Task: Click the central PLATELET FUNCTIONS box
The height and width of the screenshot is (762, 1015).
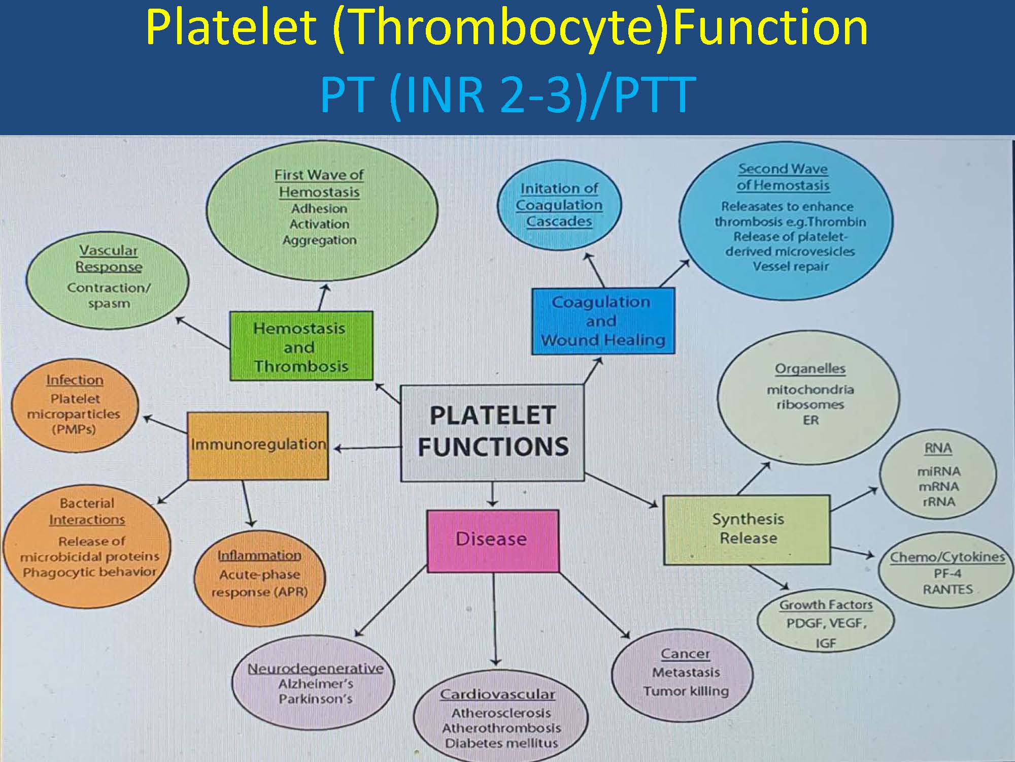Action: click(492, 433)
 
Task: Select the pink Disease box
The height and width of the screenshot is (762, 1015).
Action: click(493, 541)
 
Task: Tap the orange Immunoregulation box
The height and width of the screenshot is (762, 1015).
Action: click(258, 446)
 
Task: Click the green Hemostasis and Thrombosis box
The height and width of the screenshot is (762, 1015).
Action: click(301, 346)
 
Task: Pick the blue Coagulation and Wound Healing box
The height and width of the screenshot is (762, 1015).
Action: click(603, 321)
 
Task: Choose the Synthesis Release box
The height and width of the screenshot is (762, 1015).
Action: click(747, 529)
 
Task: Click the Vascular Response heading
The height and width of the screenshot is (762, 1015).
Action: click(109, 259)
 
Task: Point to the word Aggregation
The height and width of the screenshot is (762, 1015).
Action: click(320, 240)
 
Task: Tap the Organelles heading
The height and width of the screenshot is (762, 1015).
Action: click(810, 369)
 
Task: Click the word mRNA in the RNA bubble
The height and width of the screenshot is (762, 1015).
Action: click(938, 487)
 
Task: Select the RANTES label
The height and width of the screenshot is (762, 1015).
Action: click(948, 590)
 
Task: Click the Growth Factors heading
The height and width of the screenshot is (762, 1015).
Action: click(826, 605)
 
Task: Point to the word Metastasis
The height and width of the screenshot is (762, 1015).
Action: click(686, 673)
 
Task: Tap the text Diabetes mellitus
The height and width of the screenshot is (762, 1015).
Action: click(501, 743)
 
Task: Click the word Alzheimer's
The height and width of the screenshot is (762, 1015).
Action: click(316, 684)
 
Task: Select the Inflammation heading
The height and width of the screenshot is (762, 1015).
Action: click(259, 556)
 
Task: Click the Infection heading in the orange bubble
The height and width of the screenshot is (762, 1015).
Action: click(75, 380)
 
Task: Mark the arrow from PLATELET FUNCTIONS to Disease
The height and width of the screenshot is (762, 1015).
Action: click(492, 494)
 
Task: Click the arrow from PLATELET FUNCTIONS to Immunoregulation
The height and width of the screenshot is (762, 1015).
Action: click(367, 448)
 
